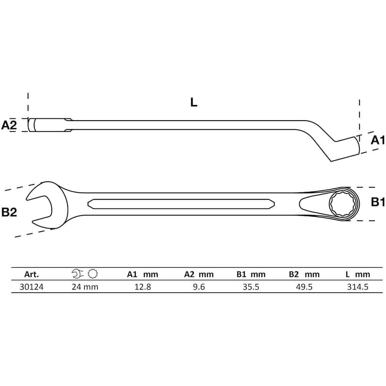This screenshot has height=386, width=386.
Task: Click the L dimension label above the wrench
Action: coord(194,102)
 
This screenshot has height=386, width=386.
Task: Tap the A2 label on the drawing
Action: coord(9,125)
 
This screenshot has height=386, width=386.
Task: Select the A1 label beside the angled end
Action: coord(378,140)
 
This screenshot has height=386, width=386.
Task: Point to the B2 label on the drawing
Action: coord(9,212)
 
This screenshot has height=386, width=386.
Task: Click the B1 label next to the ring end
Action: coord(378,202)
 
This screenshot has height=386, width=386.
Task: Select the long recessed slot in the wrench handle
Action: coord(181,204)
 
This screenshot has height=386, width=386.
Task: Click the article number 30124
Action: coord(31,287)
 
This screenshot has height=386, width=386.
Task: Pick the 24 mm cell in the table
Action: coord(85,287)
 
